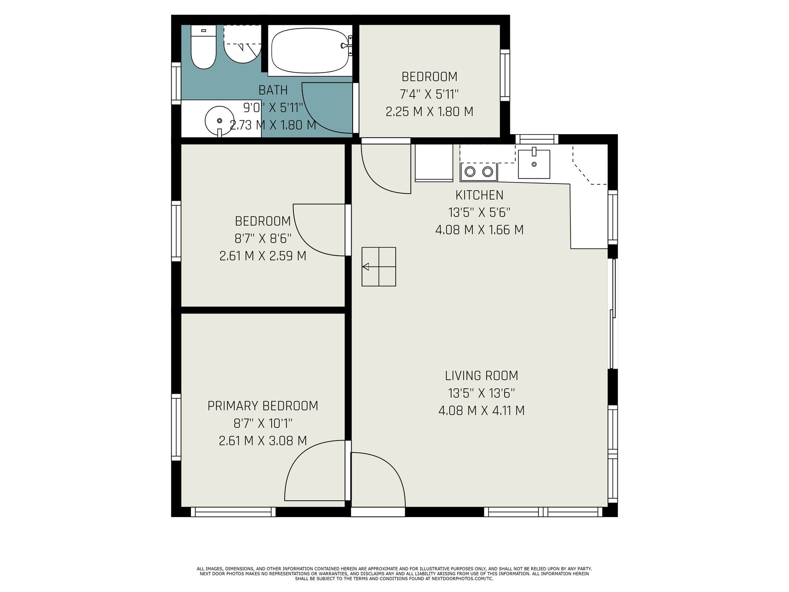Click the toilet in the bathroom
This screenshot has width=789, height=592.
pyautogui.click(x=204, y=47)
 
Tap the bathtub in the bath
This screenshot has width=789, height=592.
pyautogui.click(x=310, y=50)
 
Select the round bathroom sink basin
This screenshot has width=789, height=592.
pyautogui.click(x=219, y=121)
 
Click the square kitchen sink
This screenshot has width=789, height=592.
pyautogui.click(x=534, y=164)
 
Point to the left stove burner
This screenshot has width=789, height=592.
pyautogui.click(x=470, y=172)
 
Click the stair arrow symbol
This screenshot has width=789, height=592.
pyautogui.click(x=366, y=267)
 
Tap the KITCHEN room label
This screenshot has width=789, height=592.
pyautogui.click(x=479, y=195)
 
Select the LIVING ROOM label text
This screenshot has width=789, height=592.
pyautogui.click(x=481, y=375)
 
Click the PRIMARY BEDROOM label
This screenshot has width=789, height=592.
pyautogui.click(x=263, y=406)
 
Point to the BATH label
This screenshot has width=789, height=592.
pyautogui.click(x=273, y=90)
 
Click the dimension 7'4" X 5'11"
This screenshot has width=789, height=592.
pyautogui.click(x=430, y=94)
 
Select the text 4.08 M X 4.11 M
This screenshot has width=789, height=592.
pyautogui.click(x=481, y=410)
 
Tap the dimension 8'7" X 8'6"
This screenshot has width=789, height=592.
pyautogui.click(x=263, y=238)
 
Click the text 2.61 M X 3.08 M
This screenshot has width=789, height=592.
pyautogui.click(x=263, y=441)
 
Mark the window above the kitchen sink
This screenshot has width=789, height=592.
pyautogui.click(x=537, y=139)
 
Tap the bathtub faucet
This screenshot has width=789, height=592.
pyautogui.click(x=346, y=45)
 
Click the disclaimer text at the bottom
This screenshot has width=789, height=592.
pyautogui.click(x=394, y=574)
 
